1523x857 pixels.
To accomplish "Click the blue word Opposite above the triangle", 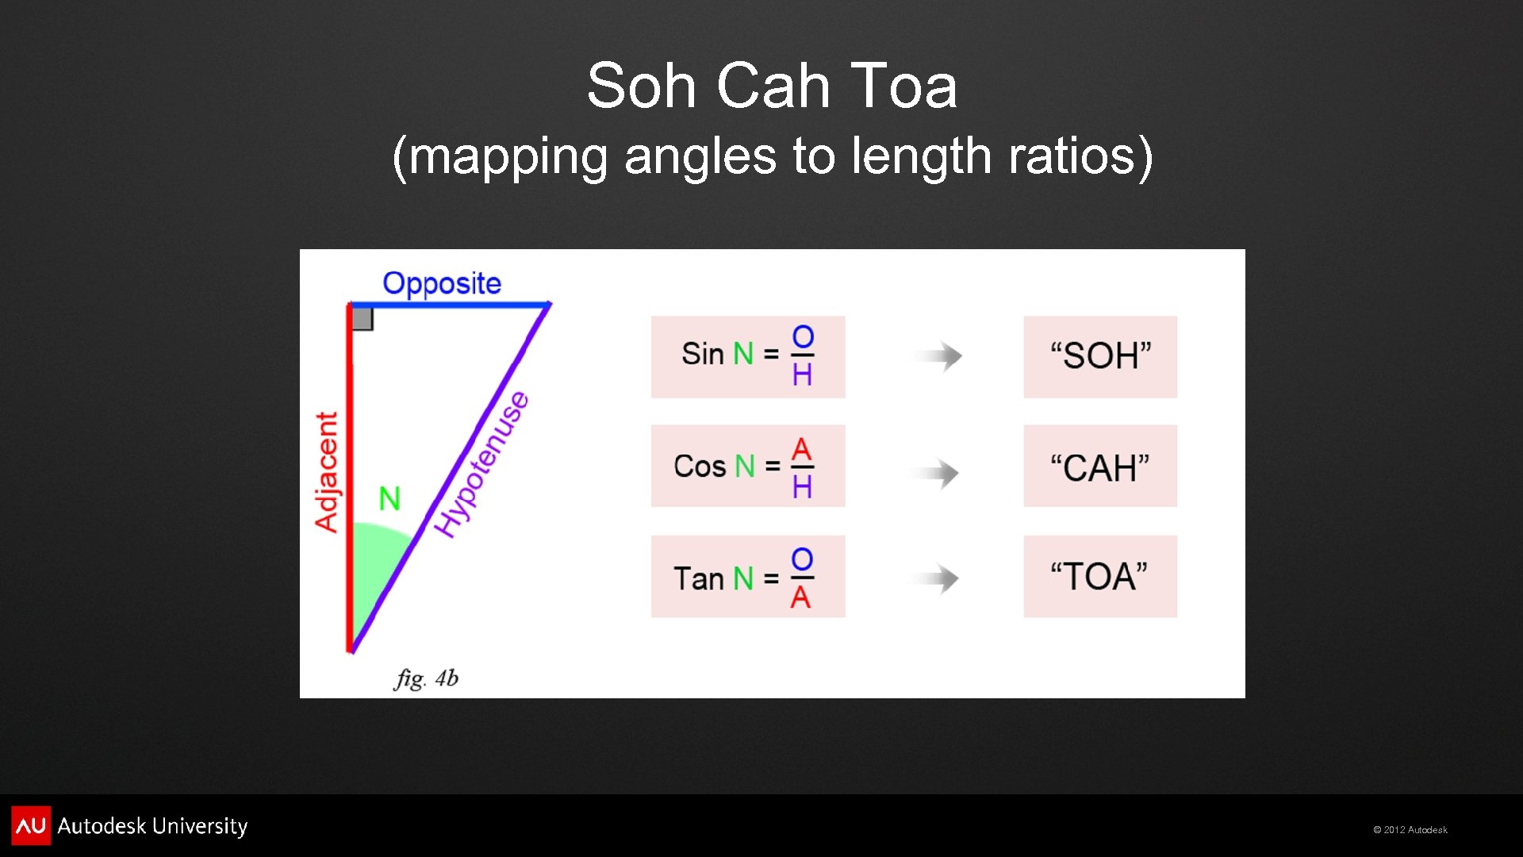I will [442, 283].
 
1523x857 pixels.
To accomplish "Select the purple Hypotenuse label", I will [482, 464].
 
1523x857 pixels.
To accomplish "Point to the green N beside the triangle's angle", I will [389, 499].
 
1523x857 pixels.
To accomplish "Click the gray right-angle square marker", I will [363, 319].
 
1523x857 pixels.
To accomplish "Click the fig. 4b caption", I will [426, 678].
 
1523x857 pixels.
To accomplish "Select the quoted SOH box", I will [1100, 356].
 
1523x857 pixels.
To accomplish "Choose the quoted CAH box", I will [1100, 467].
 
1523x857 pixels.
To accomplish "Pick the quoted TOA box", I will [1100, 577].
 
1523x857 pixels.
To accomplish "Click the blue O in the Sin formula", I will [803, 337].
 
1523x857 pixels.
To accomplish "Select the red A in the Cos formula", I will [802, 449].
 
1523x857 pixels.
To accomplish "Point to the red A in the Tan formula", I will [800, 598].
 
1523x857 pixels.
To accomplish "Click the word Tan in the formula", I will [698, 578].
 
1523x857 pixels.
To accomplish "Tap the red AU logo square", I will [31, 825].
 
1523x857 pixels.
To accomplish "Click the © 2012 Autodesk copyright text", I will [1410, 830].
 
